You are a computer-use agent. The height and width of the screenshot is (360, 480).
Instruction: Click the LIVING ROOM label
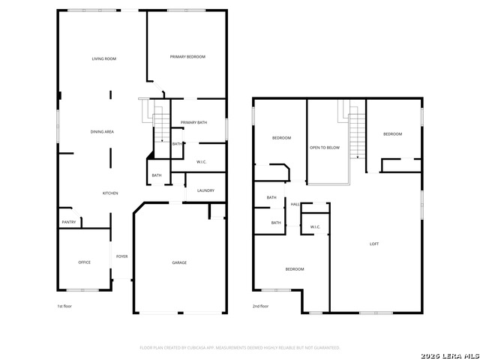click(x=104, y=58)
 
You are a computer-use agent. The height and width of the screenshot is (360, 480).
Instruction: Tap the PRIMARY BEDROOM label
click(x=187, y=57)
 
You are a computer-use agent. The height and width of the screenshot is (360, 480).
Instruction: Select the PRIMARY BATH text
click(x=193, y=122)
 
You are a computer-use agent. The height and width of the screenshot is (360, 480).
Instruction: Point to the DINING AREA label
click(x=102, y=132)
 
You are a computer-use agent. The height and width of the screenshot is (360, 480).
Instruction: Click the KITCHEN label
click(x=110, y=193)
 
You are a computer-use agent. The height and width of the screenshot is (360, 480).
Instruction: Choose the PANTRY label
click(x=69, y=222)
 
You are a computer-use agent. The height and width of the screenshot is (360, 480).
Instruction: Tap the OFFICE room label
click(x=85, y=262)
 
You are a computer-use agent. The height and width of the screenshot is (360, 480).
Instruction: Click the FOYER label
click(x=121, y=256)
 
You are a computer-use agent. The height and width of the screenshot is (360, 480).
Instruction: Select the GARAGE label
click(x=179, y=262)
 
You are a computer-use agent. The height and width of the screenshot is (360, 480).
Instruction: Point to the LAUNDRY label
click(x=205, y=190)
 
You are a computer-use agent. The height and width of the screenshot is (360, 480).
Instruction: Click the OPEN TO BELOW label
click(x=325, y=148)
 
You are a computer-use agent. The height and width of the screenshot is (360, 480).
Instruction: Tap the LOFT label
click(x=374, y=244)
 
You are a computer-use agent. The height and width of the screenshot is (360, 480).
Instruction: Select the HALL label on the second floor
click(x=295, y=204)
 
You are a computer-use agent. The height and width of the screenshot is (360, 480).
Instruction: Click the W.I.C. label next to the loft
click(x=315, y=227)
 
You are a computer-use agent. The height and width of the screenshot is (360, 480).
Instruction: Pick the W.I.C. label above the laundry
click(x=202, y=162)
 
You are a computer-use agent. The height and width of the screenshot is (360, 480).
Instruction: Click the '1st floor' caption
click(x=65, y=307)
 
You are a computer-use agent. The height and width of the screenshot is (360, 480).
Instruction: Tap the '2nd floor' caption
click(x=261, y=307)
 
